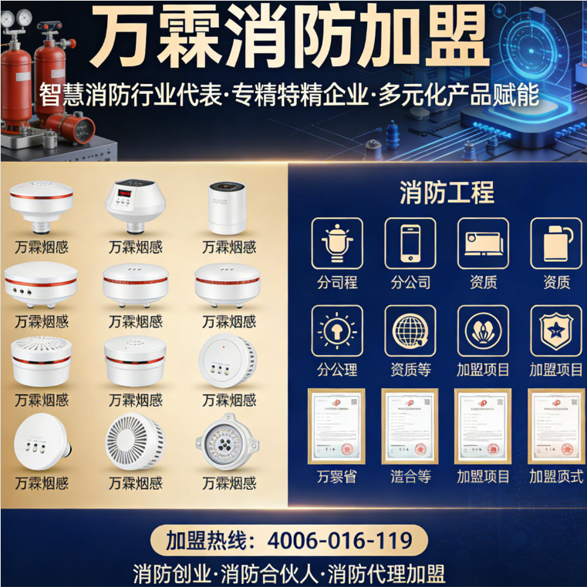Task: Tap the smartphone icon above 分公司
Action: click(410, 243)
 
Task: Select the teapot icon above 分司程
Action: click(337, 243)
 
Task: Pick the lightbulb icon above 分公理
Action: click(337, 330)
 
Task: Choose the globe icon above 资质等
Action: click(410, 330)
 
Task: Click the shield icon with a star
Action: click(556, 330)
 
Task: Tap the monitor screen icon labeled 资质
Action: click(484, 243)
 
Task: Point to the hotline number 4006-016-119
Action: click(339, 541)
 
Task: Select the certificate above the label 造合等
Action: click(410, 426)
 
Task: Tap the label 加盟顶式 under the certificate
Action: click(556, 477)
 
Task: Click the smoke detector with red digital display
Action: click(135, 202)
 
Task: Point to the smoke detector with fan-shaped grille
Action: click(135, 442)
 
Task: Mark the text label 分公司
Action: click(410, 283)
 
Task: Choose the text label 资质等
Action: click(410, 370)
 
